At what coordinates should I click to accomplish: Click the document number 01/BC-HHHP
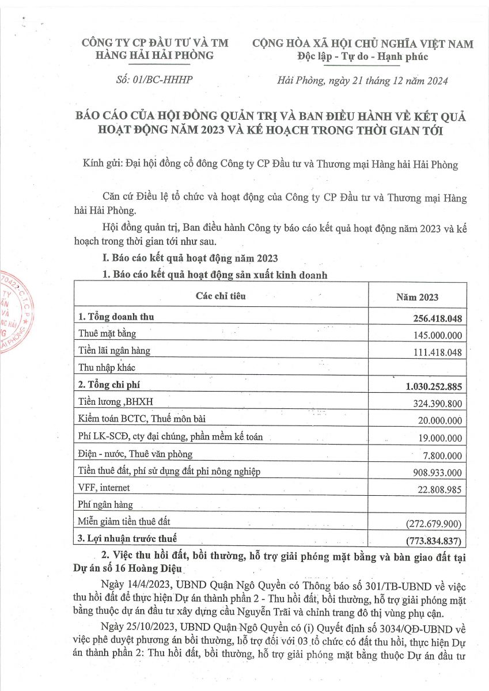click(150, 79)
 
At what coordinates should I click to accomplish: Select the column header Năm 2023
click(416, 297)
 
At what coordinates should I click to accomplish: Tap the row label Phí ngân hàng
click(105, 505)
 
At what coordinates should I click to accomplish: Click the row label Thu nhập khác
click(107, 367)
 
